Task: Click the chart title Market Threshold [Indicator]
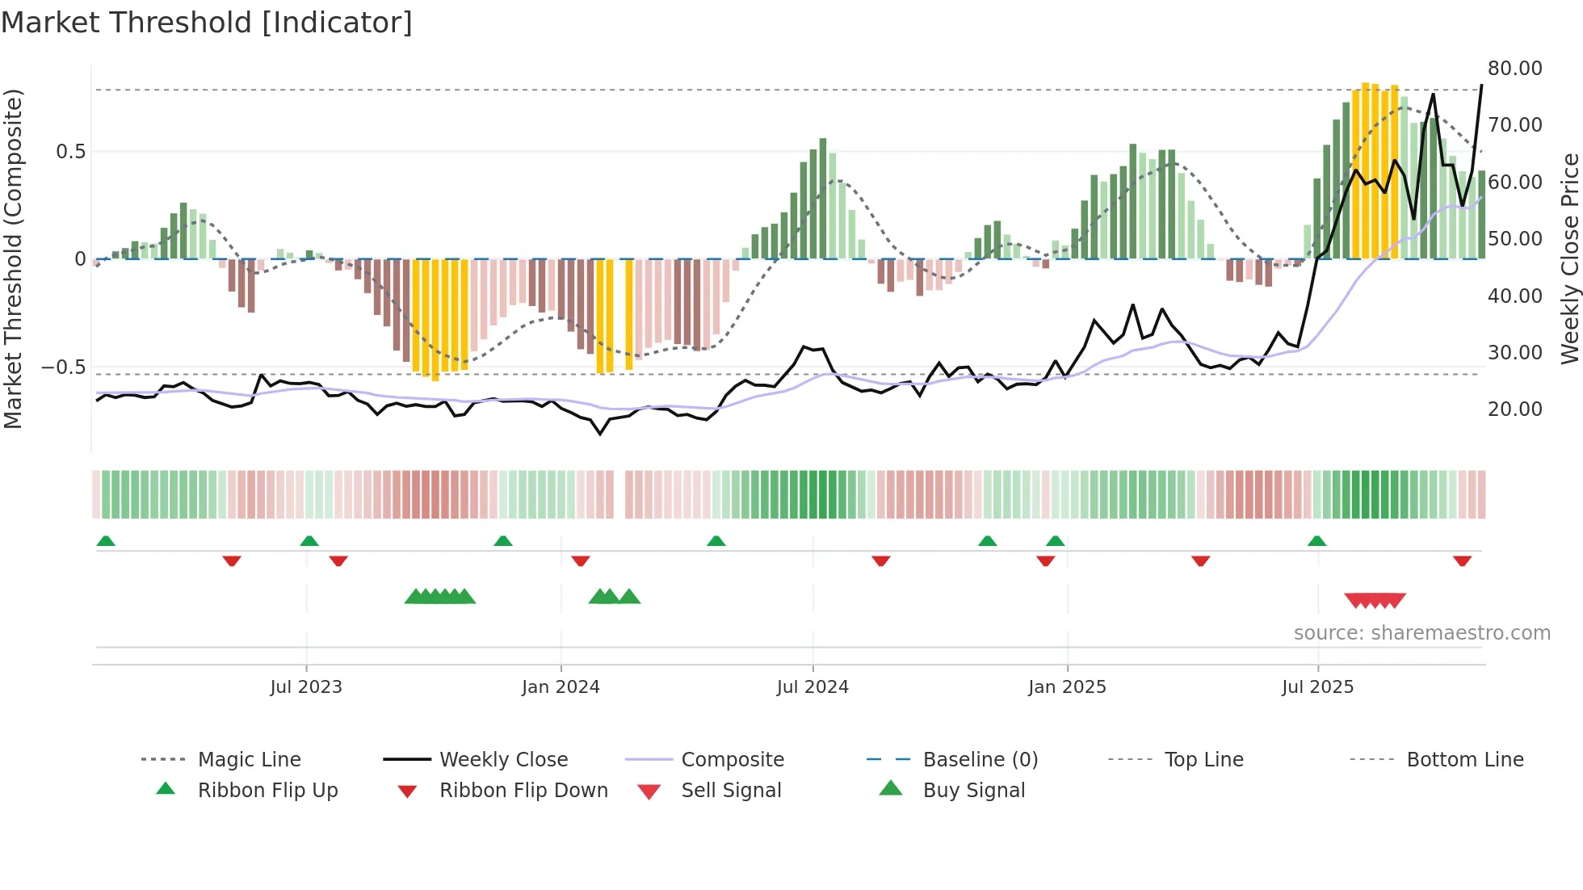(207, 23)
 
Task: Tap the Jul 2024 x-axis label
(812, 686)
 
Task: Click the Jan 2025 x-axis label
(1067, 686)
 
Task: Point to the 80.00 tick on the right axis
(1514, 69)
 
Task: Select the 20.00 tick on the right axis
(1514, 409)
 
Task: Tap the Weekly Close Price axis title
(1569, 258)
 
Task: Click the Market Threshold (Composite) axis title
(13, 258)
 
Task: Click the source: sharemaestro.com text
(1421, 632)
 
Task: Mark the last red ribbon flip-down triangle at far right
(1462, 560)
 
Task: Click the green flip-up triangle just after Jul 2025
(1316, 541)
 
